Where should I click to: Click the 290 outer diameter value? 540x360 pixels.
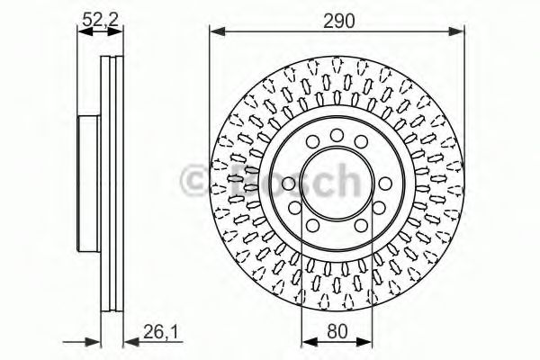coord(338,21)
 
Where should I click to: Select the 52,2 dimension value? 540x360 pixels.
coord(100,19)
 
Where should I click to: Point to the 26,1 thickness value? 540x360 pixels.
coord(160,332)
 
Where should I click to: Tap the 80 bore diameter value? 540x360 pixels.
coord(337,332)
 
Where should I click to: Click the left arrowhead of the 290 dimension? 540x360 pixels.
coord(217,32)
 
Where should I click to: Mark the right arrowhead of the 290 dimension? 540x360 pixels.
coord(456,32)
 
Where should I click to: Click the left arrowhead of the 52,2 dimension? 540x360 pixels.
coord(85,32)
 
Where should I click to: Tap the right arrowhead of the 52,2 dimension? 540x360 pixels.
coord(114,32)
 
